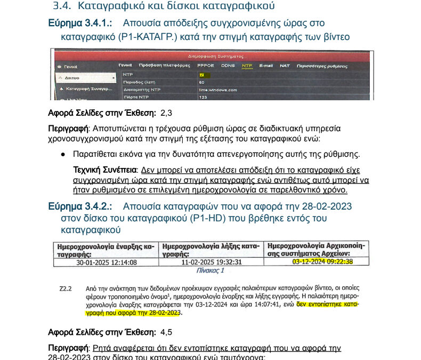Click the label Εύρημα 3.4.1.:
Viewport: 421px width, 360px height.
tap(80, 23)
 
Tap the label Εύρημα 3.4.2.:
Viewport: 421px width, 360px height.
tap(80, 206)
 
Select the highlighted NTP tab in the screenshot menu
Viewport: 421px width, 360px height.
tap(247, 66)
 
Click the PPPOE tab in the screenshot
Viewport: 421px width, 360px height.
tap(206, 66)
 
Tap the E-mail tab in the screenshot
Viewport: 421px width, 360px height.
tap(266, 66)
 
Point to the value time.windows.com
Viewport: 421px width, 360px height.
tap(218, 90)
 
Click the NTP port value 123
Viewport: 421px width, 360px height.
tap(203, 98)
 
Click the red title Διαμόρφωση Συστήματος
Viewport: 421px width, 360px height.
tap(215, 56)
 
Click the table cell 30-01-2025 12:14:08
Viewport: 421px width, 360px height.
tap(106, 262)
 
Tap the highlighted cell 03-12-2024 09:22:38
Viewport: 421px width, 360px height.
tap(322, 262)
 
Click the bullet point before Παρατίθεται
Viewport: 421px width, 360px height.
tap(63, 155)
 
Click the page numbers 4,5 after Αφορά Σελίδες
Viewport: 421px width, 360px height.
tap(166, 333)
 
